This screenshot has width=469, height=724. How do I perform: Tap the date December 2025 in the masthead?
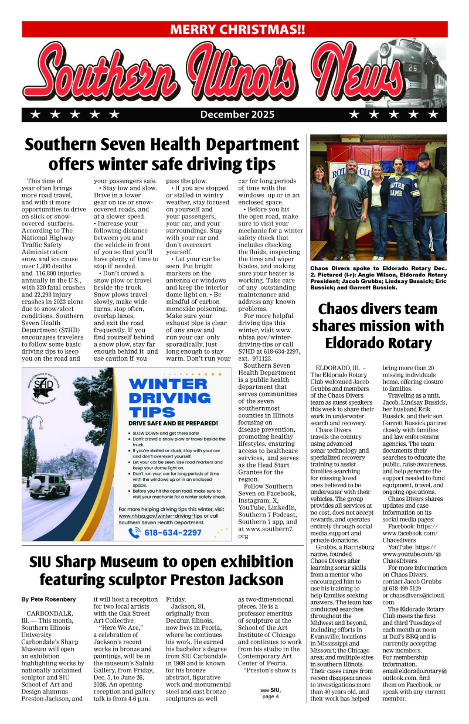click(237, 114)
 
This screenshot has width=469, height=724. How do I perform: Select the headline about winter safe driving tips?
click(162, 153)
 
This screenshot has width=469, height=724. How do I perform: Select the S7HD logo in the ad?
click(43, 389)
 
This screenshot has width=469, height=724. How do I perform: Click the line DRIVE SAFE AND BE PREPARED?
click(174, 423)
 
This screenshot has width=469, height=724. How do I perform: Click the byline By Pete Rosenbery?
click(49, 600)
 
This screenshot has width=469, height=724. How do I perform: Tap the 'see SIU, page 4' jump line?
click(270, 693)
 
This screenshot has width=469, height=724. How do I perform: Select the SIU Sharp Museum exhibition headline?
click(162, 571)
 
